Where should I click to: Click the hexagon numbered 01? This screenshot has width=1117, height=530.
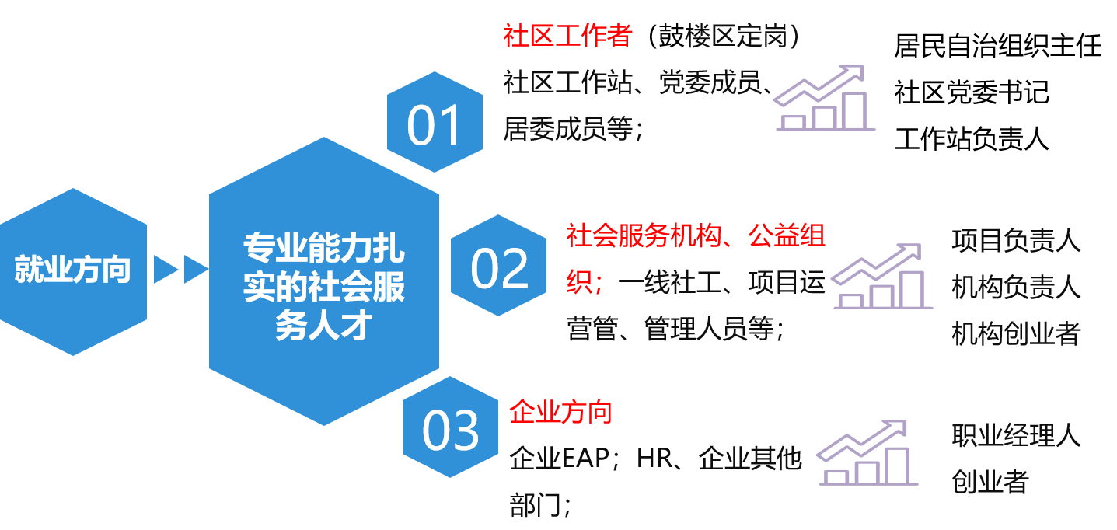point(435,122)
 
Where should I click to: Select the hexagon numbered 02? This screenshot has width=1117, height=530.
point(499,265)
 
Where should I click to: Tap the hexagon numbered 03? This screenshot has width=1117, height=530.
point(450,427)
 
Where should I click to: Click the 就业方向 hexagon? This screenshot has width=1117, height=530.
point(73,272)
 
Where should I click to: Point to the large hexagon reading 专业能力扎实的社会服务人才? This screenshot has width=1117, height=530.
point(324,281)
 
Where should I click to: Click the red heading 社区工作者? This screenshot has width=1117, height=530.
point(567,36)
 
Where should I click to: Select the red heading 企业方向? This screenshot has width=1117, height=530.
point(560,412)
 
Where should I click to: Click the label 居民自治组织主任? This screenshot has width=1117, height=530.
point(997,46)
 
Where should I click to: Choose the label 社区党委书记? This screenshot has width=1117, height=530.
point(972,92)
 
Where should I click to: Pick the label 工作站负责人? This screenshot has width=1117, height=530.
point(972,138)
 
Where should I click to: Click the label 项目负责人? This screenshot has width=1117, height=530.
point(1016,240)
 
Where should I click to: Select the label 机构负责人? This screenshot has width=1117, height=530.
point(1016,288)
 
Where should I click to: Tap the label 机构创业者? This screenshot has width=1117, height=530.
point(1016,333)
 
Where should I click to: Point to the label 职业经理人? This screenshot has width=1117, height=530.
point(1016,435)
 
